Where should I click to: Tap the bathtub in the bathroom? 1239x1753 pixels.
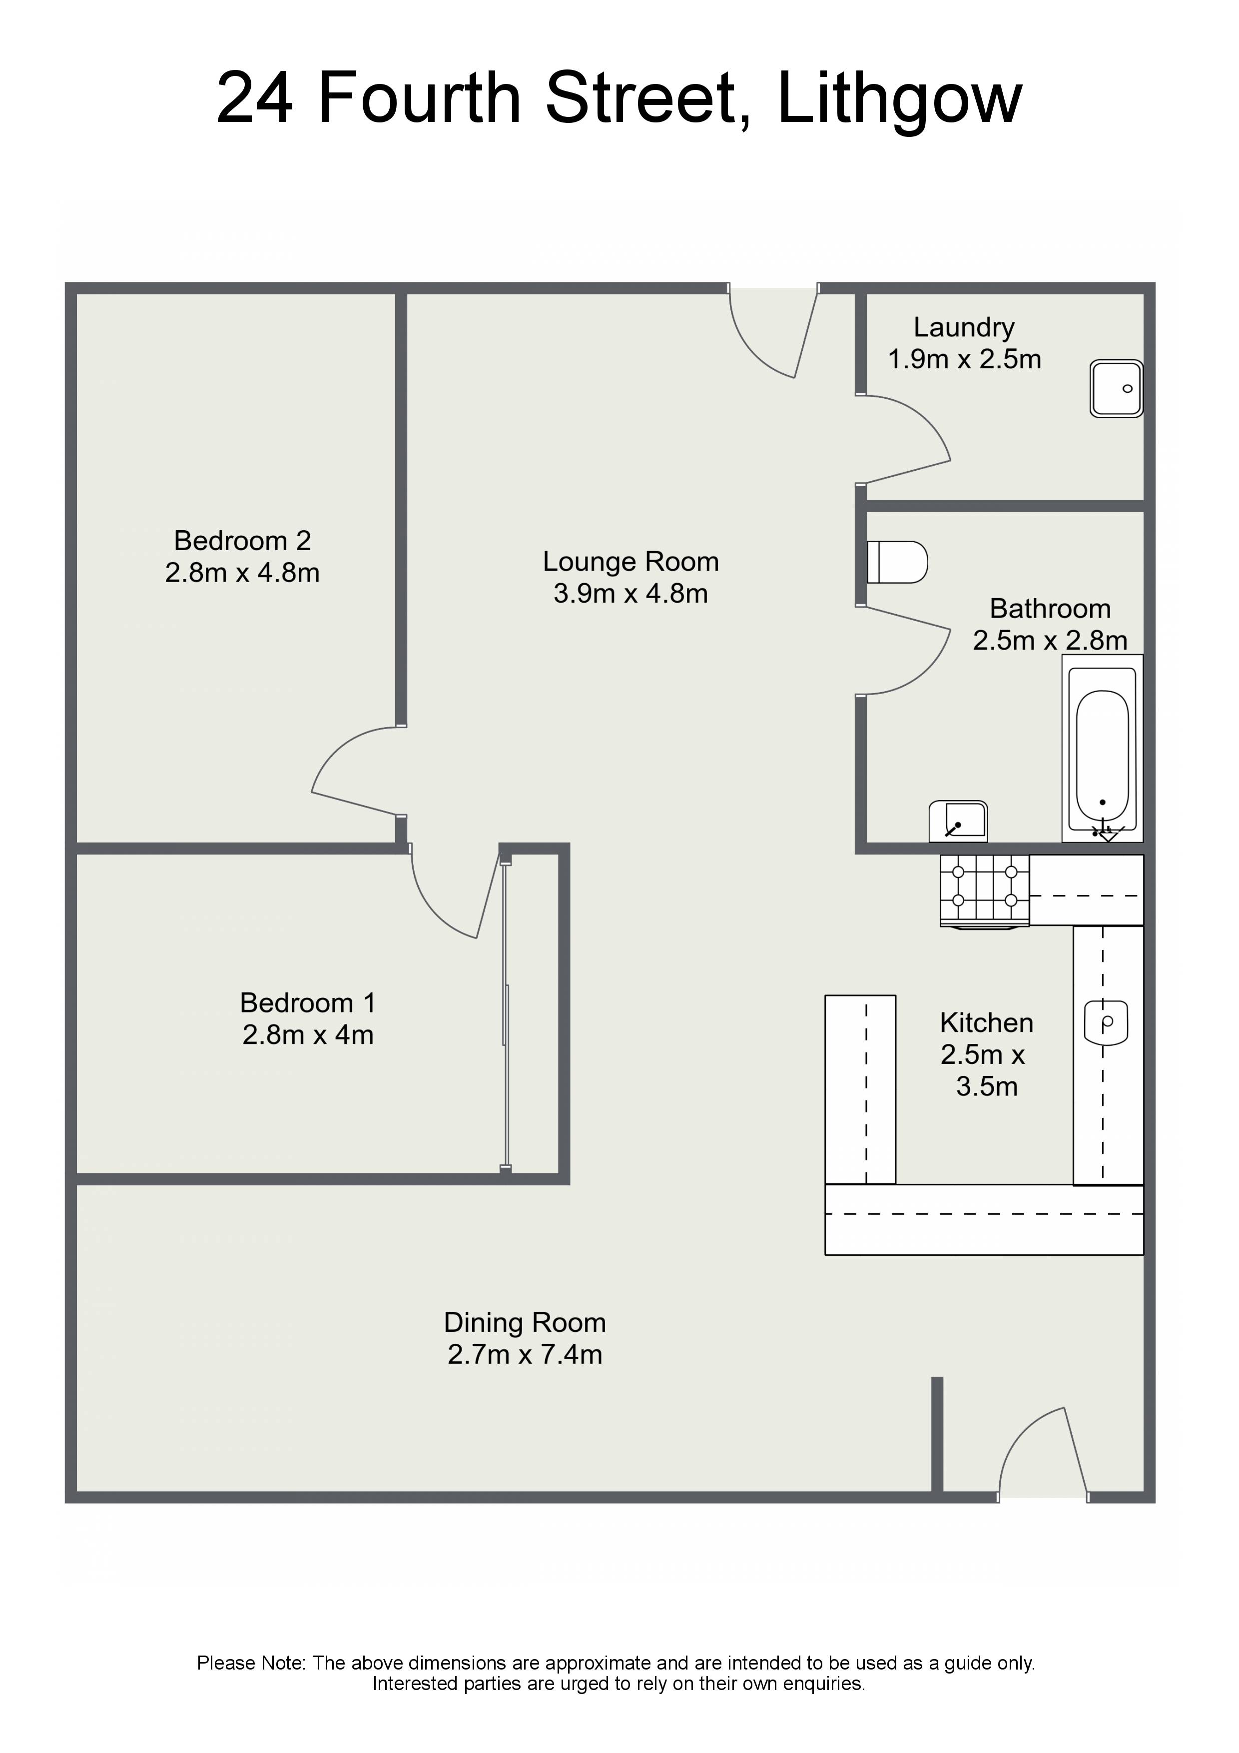(x=1102, y=748)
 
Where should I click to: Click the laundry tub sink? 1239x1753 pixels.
(x=1116, y=389)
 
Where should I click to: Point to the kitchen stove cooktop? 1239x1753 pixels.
(x=984, y=890)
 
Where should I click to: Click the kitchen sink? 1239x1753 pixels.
(x=1106, y=1023)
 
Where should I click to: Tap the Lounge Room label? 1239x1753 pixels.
(x=630, y=561)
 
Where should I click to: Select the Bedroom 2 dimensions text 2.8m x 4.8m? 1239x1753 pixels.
(x=242, y=573)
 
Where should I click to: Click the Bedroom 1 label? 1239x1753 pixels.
(x=308, y=1002)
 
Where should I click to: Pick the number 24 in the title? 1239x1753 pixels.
(x=255, y=98)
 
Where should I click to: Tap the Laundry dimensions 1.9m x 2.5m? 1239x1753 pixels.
(x=964, y=359)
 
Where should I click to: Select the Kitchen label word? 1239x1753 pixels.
(x=986, y=1022)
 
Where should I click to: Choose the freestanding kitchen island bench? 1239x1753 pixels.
(x=860, y=1089)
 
